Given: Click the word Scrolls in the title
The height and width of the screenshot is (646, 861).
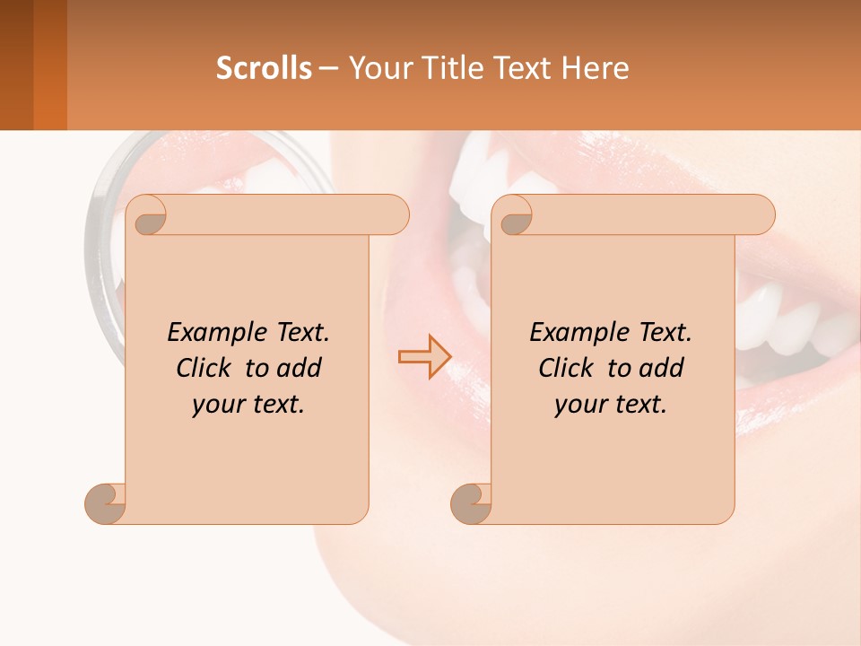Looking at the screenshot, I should (264, 68).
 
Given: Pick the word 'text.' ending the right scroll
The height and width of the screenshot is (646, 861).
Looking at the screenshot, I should (638, 405).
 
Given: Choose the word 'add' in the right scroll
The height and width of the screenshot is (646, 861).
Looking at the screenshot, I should (663, 369).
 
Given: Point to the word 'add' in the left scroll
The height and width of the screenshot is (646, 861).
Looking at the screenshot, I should (300, 369).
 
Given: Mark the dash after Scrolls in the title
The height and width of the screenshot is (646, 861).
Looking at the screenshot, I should (329, 68).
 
